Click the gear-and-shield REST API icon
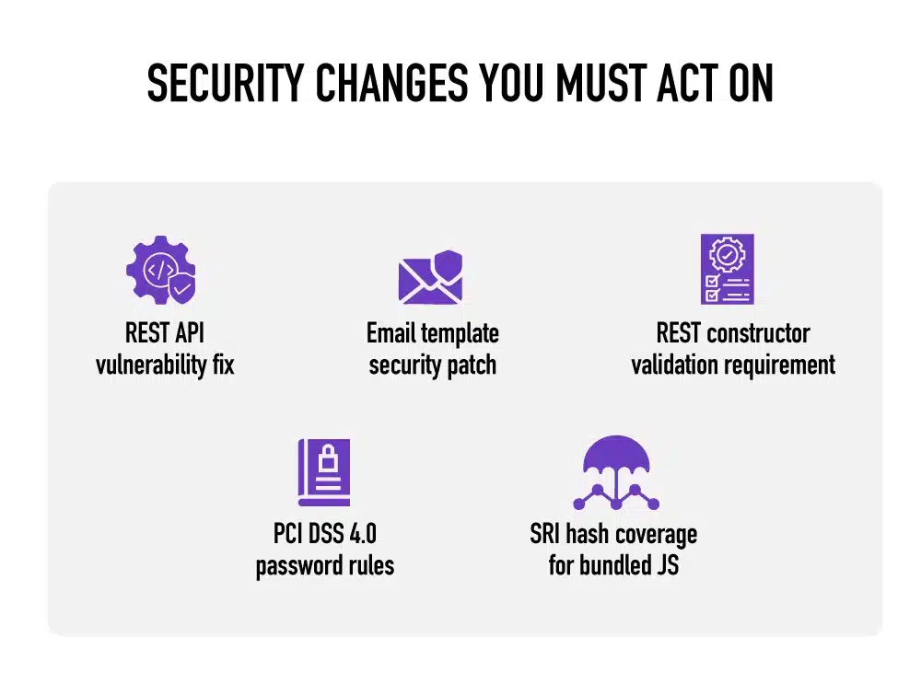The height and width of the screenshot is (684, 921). tap(161, 269)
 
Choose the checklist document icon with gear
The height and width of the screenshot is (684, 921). tap(727, 269)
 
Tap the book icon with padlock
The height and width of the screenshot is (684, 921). tap(323, 471)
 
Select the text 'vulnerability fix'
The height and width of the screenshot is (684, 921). tap(165, 365)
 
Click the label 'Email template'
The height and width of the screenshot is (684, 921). tap(432, 332)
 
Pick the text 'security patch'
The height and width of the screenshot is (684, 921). tap(432, 365)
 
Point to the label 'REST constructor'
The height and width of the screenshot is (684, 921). tap(733, 332)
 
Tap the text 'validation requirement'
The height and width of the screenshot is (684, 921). tap(733, 365)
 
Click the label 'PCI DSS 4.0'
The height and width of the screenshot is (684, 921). tap(324, 533)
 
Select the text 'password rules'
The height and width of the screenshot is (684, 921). tap(324, 565)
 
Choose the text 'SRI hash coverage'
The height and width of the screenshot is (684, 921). tap(613, 533)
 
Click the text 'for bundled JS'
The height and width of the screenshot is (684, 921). tap(613, 565)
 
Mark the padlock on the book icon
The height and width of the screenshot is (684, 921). tap(328, 458)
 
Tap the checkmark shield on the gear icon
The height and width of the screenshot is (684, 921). tap(182, 288)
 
